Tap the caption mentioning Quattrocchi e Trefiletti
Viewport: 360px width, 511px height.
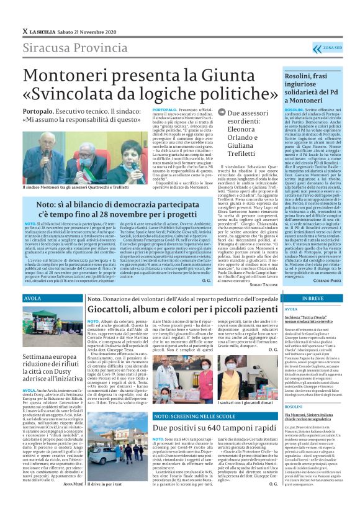pos(84,186)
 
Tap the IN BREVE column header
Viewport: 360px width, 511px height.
pos(312,299)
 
